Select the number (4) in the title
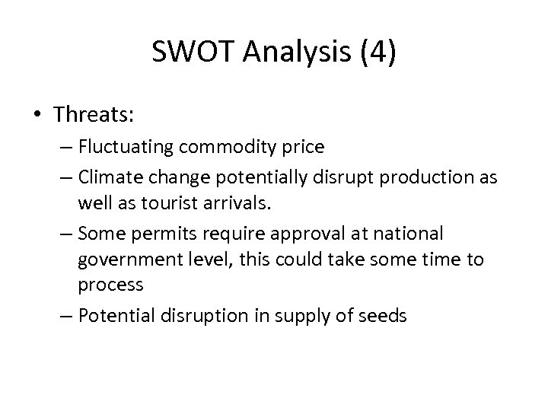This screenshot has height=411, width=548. [x=374, y=53]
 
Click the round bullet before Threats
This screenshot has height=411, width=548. [x=39, y=116]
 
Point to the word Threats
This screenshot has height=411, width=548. [x=94, y=115]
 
